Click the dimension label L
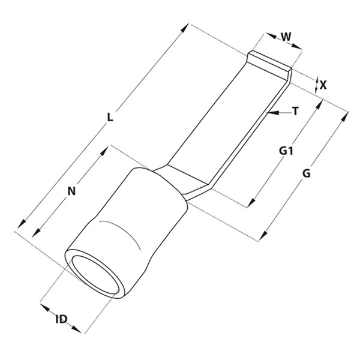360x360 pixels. tap(110, 118)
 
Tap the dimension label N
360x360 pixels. tap(71, 191)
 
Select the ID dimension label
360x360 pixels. tap(62, 319)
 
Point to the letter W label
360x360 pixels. tap(286, 37)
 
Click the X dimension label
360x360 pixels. tap(323, 85)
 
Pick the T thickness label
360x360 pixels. tap(296, 112)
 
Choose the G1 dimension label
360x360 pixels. tap(286, 151)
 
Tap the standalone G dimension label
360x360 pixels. tap(306, 173)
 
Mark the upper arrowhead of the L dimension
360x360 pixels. tap(185, 28)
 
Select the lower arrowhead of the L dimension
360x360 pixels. tap(22, 224)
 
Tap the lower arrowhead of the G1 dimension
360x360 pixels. tap(251, 203)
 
